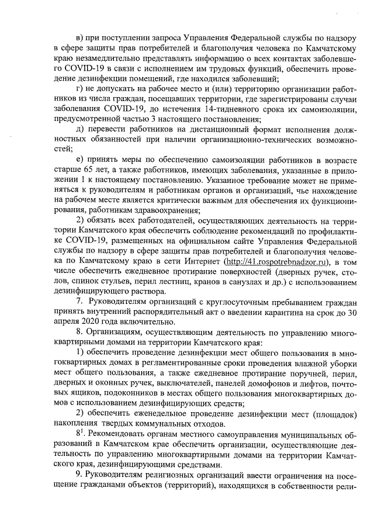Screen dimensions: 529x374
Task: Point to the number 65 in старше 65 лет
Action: [87, 170]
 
